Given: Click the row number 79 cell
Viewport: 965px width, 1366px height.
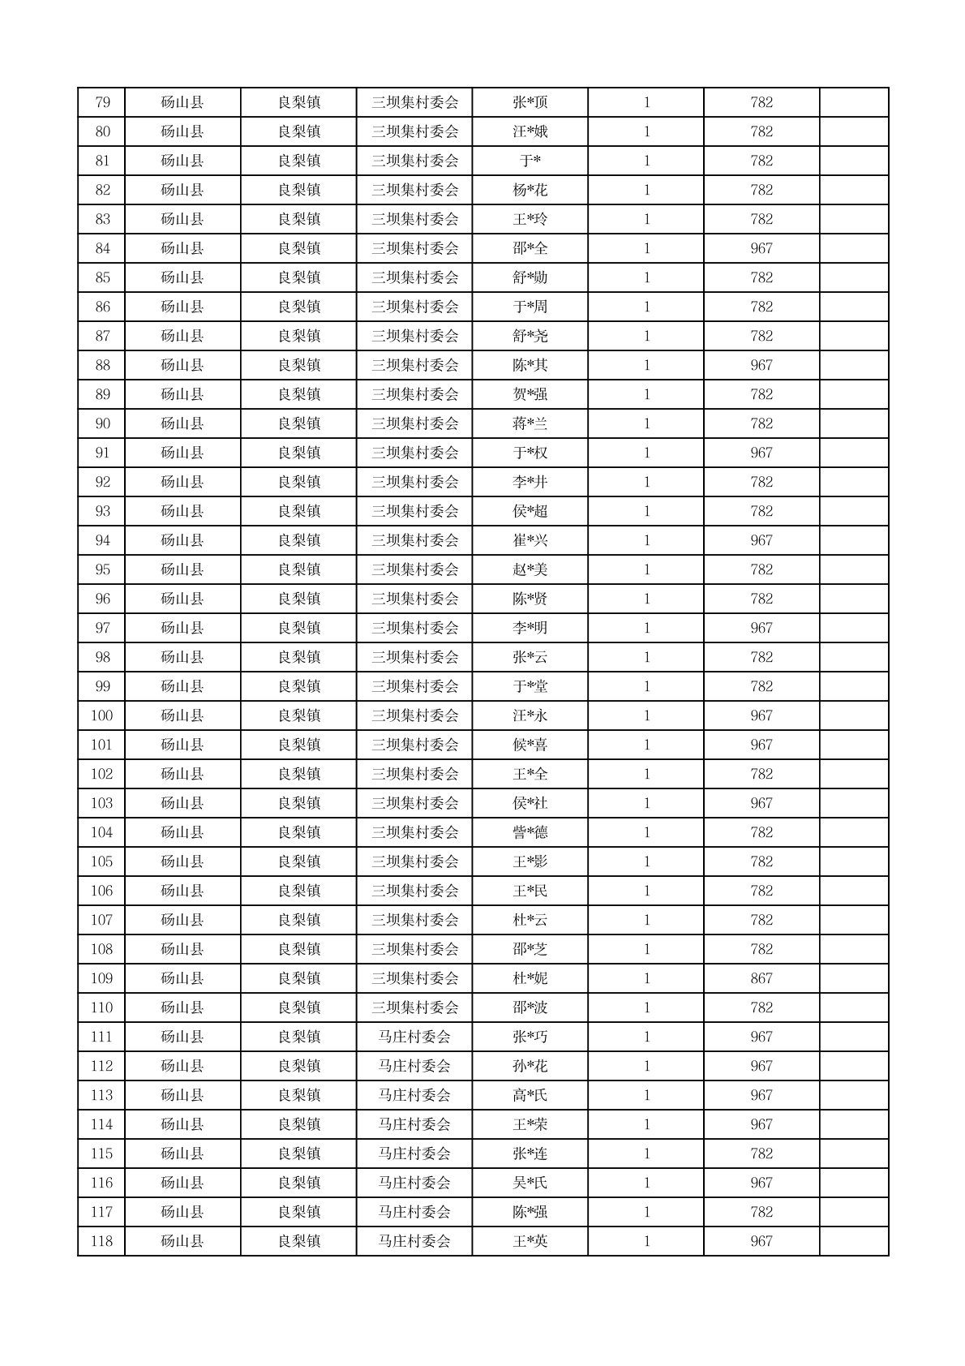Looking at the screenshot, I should click(x=102, y=102).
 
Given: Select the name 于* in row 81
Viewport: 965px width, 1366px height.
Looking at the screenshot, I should click(x=530, y=161).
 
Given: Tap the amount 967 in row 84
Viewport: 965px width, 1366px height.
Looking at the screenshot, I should click(x=761, y=248).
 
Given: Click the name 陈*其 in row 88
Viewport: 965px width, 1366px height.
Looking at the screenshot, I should click(x=530, y=365).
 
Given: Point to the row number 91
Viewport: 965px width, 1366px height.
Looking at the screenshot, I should click(x=102, y=453).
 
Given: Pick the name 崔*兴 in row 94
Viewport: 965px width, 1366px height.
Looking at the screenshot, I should click(x=530, y=540).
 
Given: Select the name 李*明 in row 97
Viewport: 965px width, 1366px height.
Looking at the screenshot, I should click(x=530, y=628).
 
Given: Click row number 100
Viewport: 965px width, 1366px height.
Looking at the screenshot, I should click(x=102, y=715).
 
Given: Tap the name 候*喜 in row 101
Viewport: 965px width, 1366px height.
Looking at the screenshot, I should click(x=530, y=745).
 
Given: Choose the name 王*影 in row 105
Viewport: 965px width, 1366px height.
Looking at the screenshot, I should click(x=530, y=861).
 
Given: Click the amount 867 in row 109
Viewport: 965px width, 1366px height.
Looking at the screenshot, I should click(x=761, y=978).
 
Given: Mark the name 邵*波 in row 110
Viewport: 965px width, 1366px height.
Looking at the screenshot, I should click(x=530, y=1007).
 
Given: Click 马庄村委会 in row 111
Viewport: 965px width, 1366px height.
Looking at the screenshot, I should click(x=414, y=1037).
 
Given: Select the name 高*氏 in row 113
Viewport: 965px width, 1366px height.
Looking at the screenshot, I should click(x=530, y=1095).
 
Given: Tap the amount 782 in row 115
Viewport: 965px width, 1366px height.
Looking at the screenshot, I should click(x=761, y=1153).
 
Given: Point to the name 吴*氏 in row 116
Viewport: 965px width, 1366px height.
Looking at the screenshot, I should click(x=530, y=1183).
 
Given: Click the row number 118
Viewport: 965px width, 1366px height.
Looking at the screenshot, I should click(x=102, y=1241).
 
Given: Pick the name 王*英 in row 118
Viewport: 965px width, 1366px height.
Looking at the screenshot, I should click(x=530, y=1241).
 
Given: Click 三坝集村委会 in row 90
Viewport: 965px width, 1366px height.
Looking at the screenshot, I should click(x=414, y=423).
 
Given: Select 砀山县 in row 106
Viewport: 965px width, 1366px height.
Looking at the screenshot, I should click(x=182, y=891).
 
